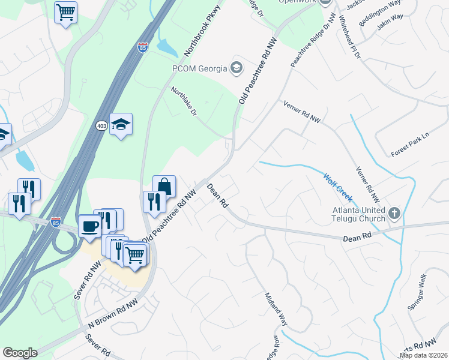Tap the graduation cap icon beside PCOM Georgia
[x=237, y=67]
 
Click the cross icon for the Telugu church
[x=394, y=212]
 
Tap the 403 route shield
[x=102, y=125]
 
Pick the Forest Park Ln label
[x=410, y=144]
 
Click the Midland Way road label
[x=276, y=309]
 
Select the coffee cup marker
[x=89, y=226]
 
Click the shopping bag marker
[x=164, y=186]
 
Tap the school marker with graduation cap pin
[x=121, y=124]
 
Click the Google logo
[x=20, y=353]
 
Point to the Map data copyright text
[x=424, y=355]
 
